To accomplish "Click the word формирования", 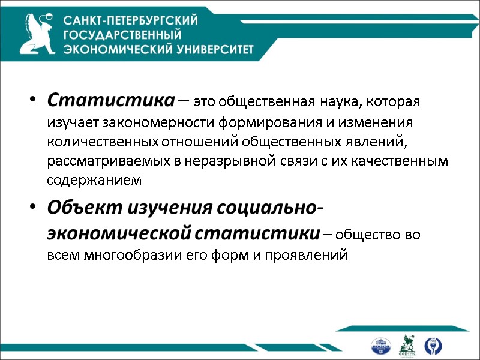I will (x=274, y=122).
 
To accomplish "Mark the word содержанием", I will (x=94, y=180).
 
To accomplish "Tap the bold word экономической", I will (x=119, y=232).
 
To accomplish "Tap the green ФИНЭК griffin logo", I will (x=408, y=344).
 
